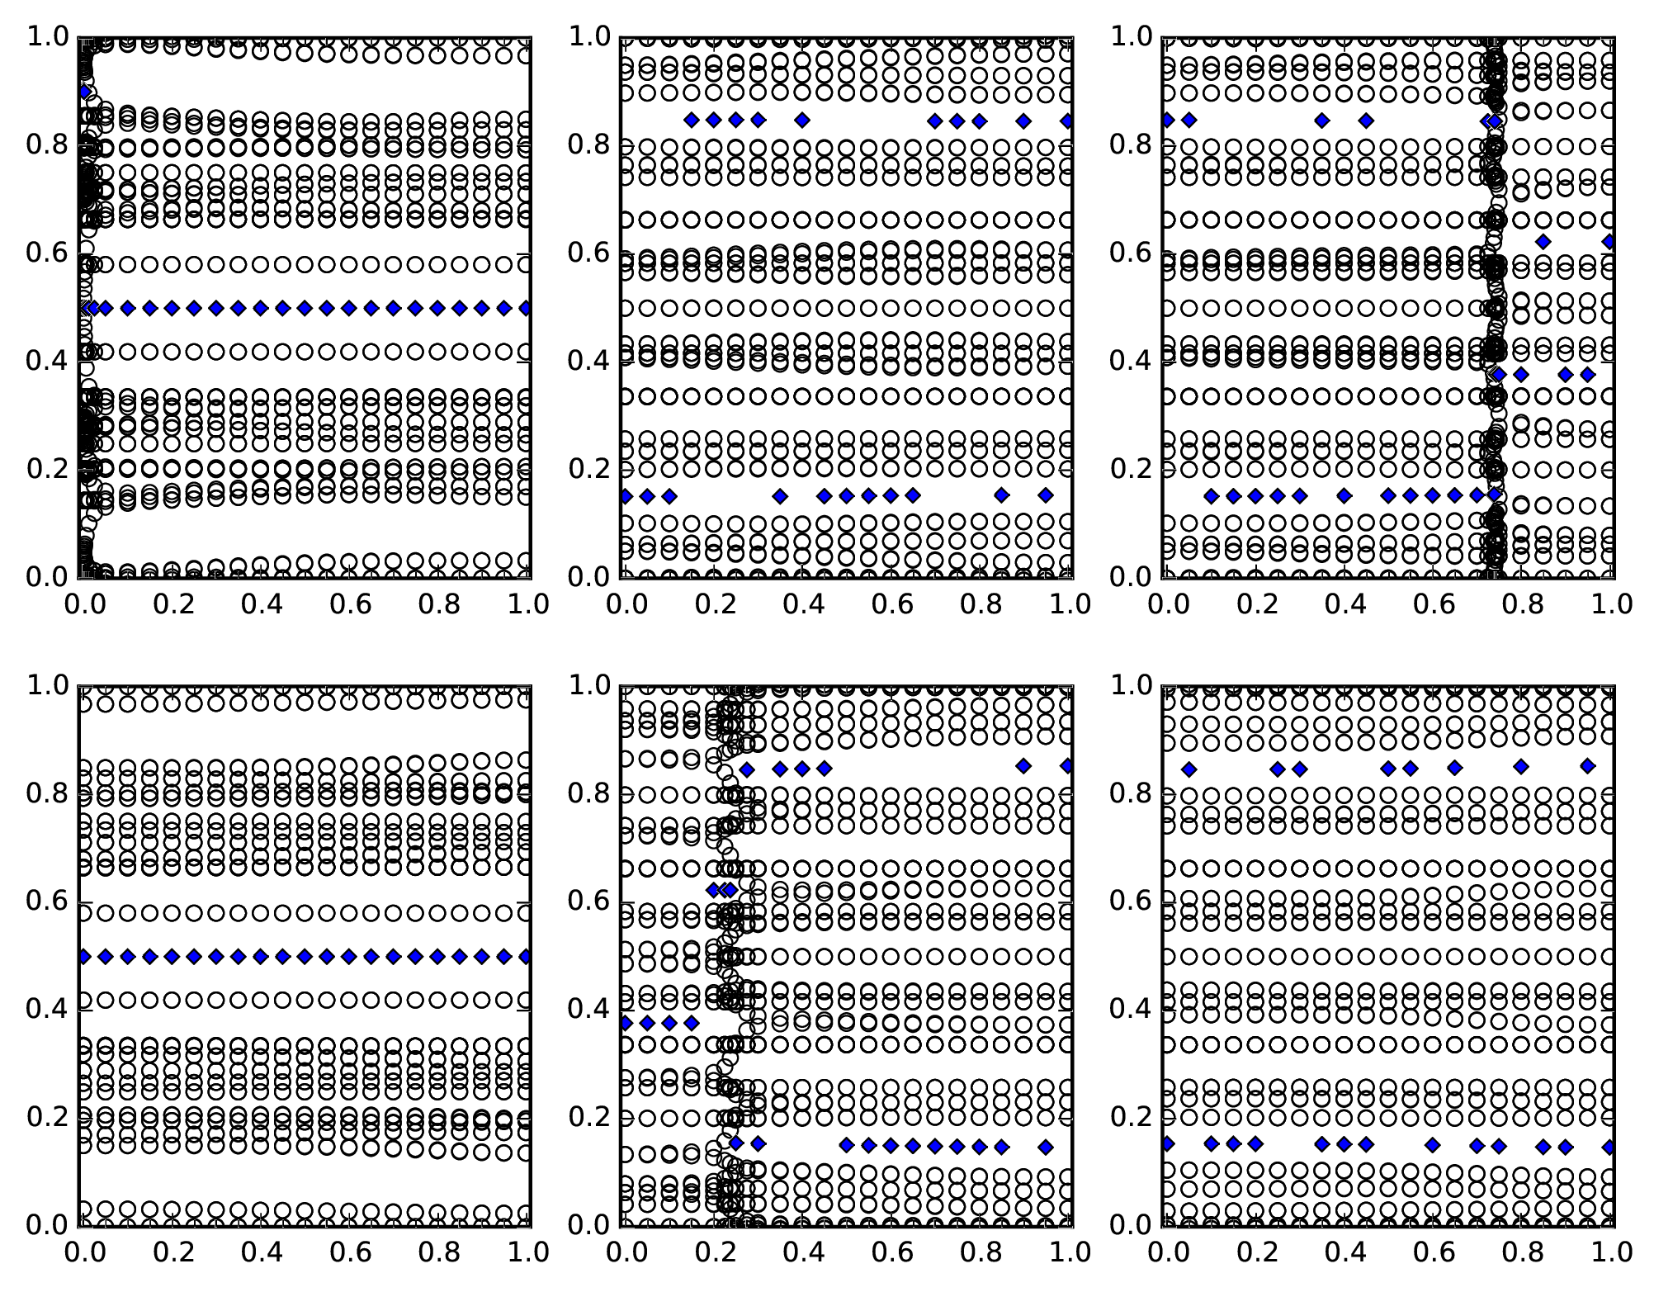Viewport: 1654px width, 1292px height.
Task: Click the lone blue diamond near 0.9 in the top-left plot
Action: [84, 92]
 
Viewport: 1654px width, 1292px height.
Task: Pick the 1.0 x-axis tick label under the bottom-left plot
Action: [529, 1252]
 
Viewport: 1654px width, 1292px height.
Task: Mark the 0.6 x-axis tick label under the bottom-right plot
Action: [1434, 1252]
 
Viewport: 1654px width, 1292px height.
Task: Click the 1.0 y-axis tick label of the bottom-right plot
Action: [1130, 685]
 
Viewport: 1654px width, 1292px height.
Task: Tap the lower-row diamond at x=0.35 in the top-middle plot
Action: [780, 496]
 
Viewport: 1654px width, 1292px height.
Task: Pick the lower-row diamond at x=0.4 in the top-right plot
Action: [1344, 496]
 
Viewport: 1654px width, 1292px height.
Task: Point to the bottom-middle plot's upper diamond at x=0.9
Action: [1023, 766]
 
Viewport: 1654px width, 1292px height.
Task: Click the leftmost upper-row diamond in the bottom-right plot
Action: [1189, 769]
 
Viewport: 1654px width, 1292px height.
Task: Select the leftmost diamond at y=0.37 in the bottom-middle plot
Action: [625, 1023]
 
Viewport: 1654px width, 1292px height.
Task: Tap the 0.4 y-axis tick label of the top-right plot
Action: [1130, 361]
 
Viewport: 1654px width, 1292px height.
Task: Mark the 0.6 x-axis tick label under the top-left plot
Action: [351, 604]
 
